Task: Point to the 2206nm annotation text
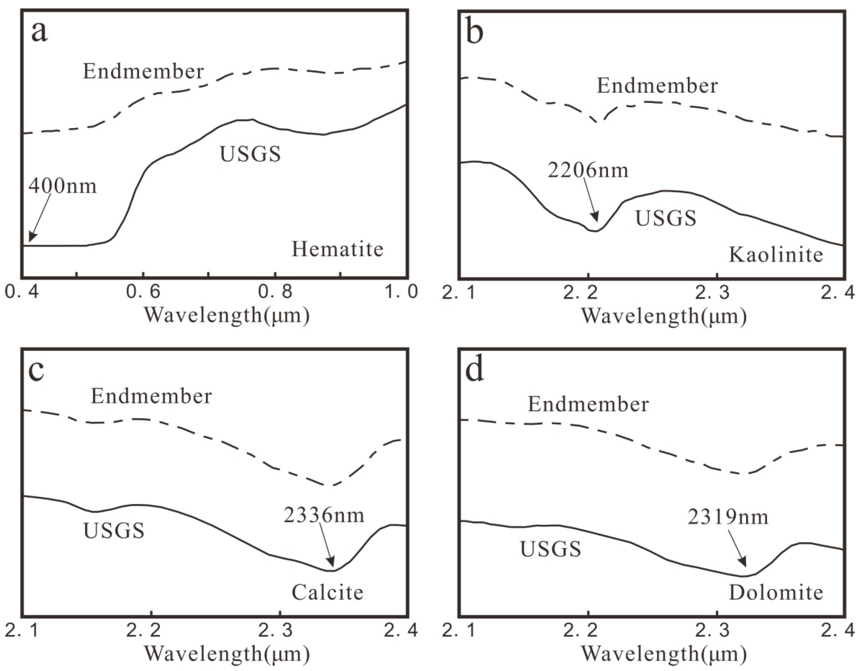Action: tap(588, 170)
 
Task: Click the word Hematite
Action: tap(338, 249)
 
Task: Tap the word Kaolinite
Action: tap(776, 255)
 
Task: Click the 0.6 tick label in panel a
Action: tap(144, 292)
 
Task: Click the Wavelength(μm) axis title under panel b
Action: tap(664, 316)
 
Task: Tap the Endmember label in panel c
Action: tap(151, 396)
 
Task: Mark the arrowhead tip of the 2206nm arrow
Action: tap(597, 223)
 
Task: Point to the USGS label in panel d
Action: tap(550, 549)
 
